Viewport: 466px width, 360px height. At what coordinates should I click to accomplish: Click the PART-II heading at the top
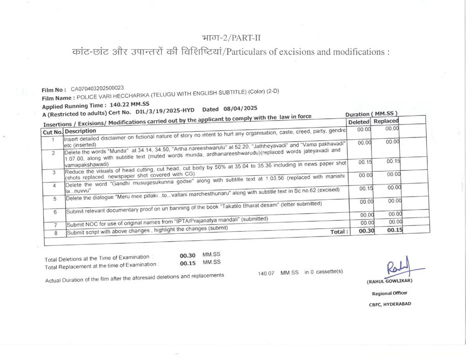234,38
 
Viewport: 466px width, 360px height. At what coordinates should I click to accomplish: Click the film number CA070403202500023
97,88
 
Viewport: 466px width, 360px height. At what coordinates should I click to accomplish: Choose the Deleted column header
359,122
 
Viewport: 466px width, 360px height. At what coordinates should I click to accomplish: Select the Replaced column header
386,121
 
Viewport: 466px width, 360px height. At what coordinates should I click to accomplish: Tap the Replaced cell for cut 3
394,161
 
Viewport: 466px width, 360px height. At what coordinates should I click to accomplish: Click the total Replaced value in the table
395,230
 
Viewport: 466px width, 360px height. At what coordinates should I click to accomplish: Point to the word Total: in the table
339,231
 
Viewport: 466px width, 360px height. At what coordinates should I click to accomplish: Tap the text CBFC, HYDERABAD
390,304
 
